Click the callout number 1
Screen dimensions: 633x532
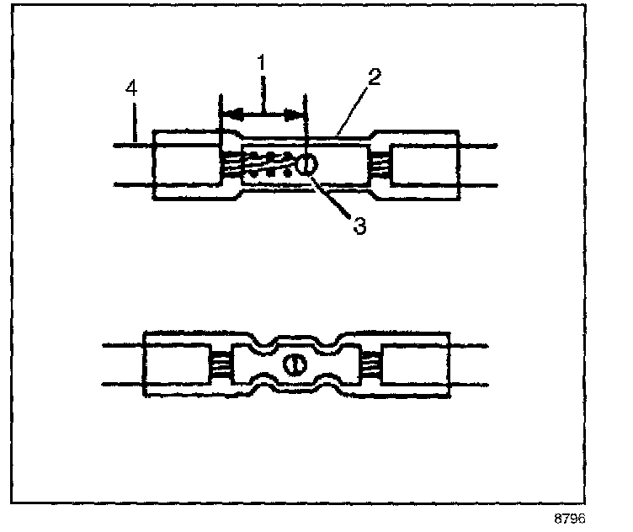click(x=262, y=63)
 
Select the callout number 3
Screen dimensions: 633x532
click(x=359, y=226)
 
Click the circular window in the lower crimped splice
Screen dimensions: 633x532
click(x=295, y=364)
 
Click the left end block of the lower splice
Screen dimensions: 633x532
click(x=177, y=364)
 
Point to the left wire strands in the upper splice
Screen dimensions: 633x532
click(x=233, y=163)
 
